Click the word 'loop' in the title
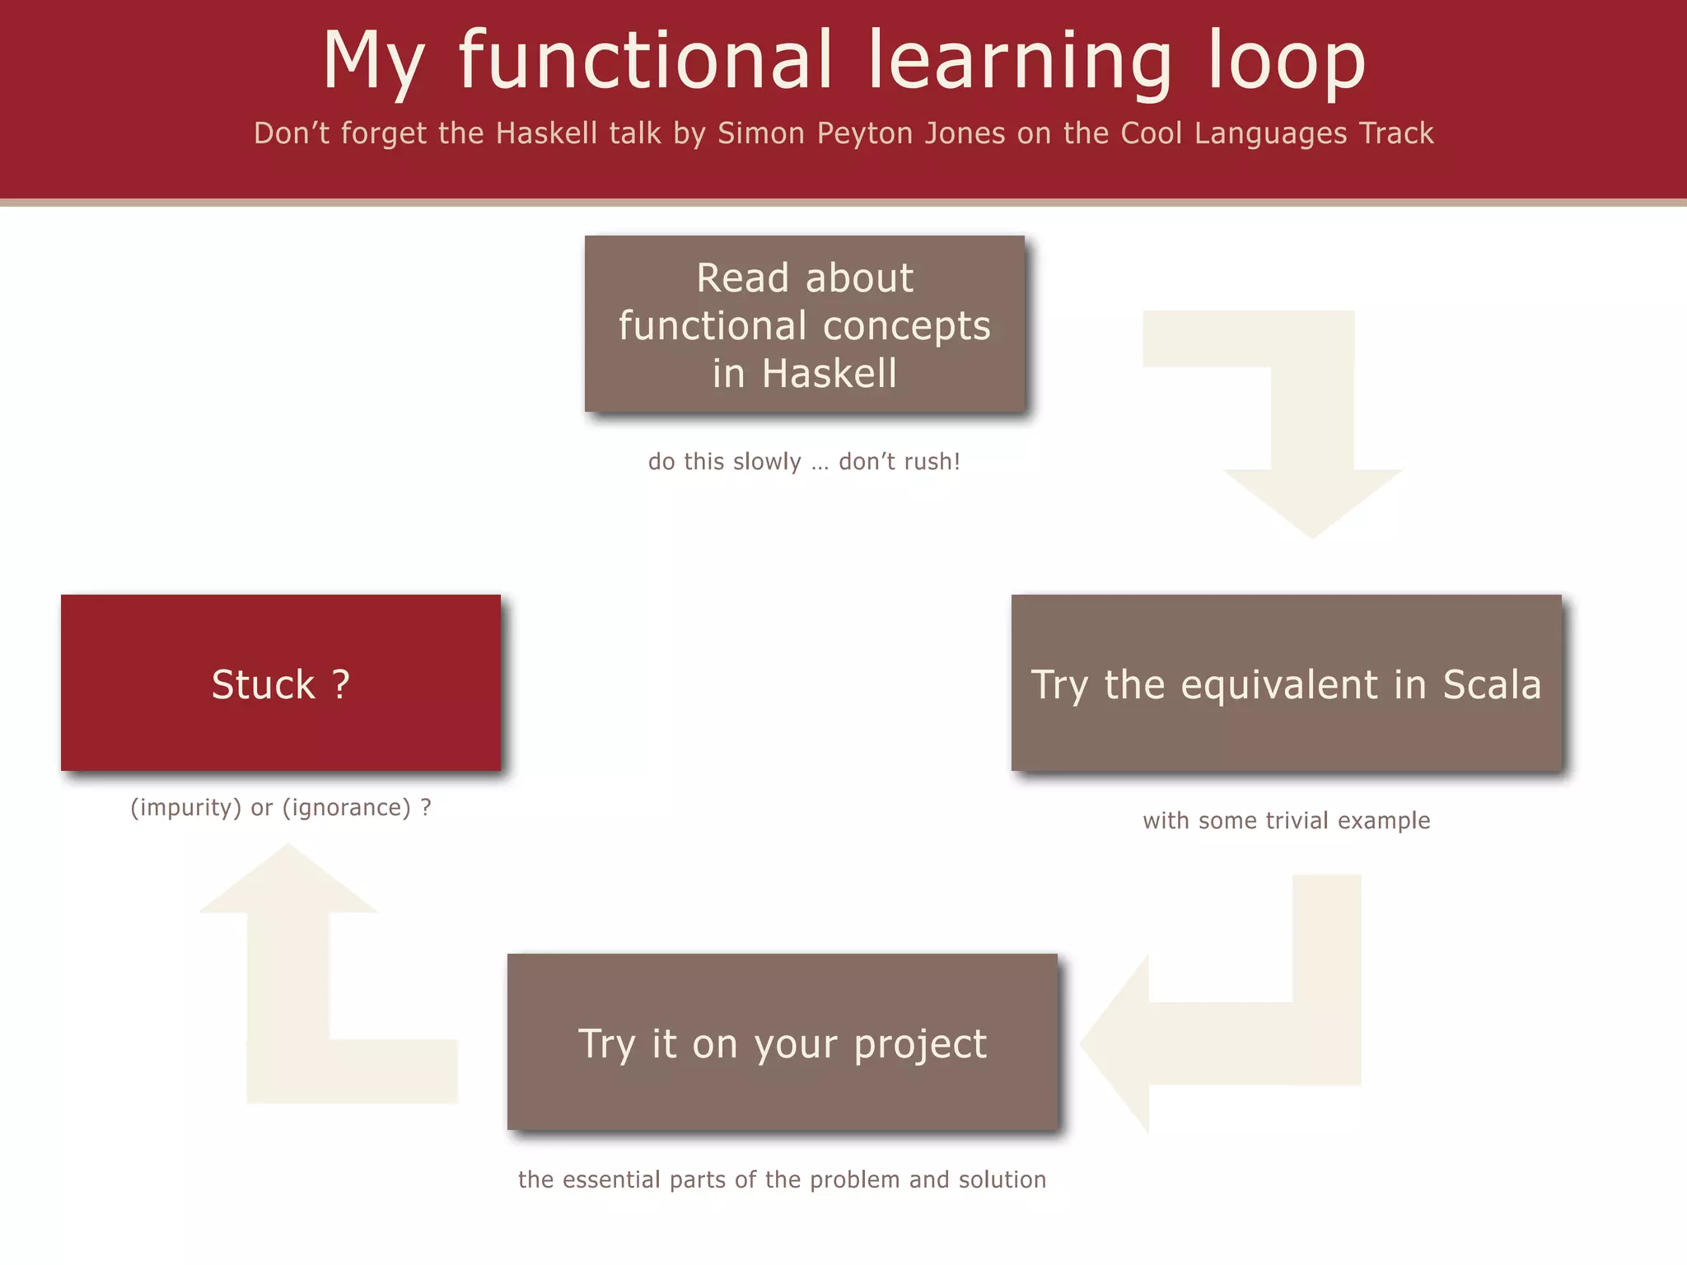click(1286, 62)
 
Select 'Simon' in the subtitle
click(760, 133)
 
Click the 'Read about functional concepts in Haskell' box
click(804, 324)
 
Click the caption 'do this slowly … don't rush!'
click(804, 461)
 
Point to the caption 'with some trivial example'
click(1286, 820)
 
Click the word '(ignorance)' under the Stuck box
click(346, 807)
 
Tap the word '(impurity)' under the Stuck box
click(185, 807)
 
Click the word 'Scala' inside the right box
click(1491, 684)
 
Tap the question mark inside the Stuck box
click(341, 684)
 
